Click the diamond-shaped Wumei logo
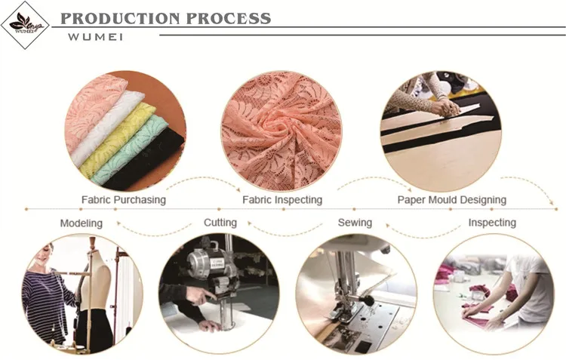click(x=25, y=25)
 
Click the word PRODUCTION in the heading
click(x=120, y=18)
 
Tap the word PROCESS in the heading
click(x=229, y=18)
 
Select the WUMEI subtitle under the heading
click(x=95, y=37)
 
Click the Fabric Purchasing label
click(x=124, y=200)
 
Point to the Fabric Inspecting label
click(x=282, y=200)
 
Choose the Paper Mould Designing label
click(x=452, y=200)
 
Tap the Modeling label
click(x=82, y=223)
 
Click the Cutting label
click(x=220, y=223)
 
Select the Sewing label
click(x=355, y=223)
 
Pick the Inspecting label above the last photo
click(x=492, y=223)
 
